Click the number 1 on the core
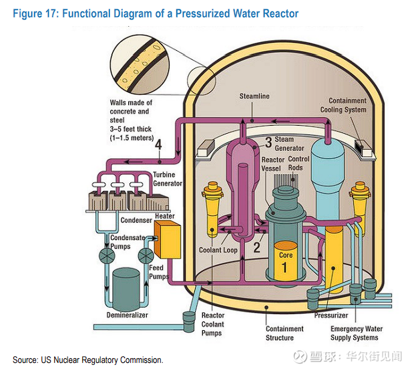coord(285,269)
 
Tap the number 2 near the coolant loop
coord(256,247)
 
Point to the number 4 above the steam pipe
coord(158,145)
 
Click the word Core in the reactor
coord(285,255)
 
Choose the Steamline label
coord(254,96)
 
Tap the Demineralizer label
coord(127,315)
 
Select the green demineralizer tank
coord(128,285)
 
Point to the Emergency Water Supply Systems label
coord(357,333)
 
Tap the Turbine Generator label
coord(168,178)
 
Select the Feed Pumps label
coord(158,272)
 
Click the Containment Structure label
coord(284,333)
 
